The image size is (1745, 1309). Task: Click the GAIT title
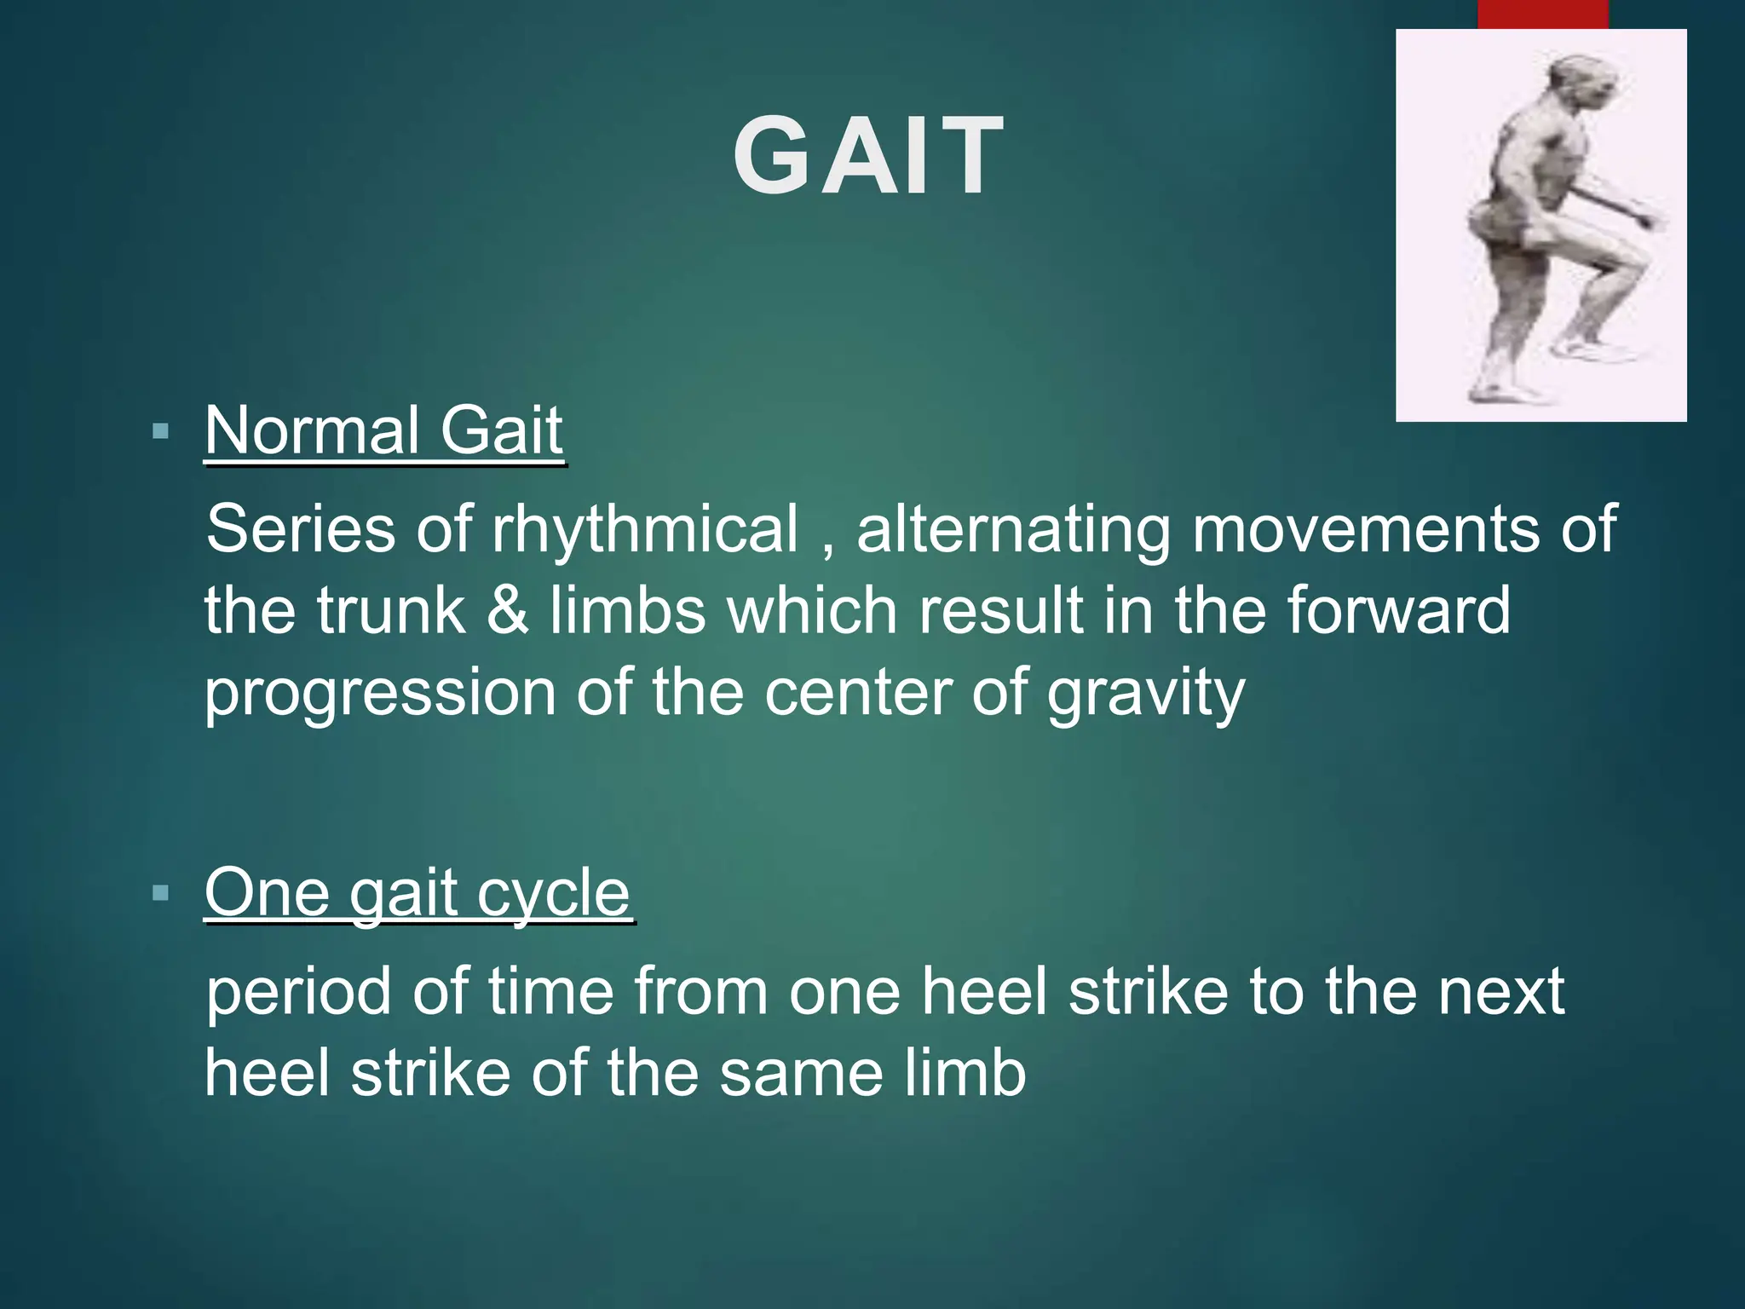(868, 157)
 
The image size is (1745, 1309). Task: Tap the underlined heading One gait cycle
(417, 893)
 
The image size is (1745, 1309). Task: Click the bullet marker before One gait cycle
(160, 893)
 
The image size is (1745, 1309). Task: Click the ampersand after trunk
(508, 611)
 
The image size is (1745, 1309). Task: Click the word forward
(1398, 611)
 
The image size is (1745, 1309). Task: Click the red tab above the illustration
(1542, 14)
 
